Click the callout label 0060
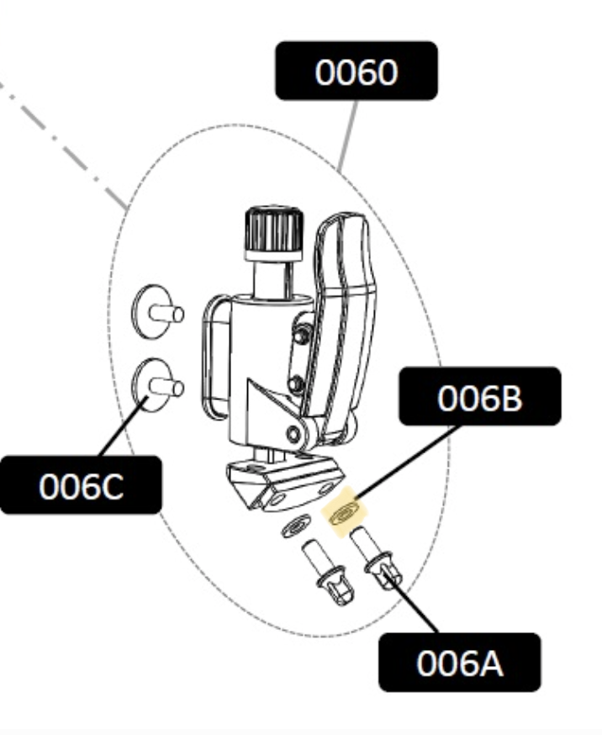tap(356, 71)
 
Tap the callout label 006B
tap(480, 397)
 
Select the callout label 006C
tap(81, 484)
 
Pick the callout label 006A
tap(460, 663)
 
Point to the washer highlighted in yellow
tap(345, 511)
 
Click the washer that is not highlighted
tap(296, 526)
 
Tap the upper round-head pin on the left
tap(157, 311)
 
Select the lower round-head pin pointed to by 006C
tap(157, 385)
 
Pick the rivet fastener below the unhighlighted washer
tap(327, 572)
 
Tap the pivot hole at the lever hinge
tap(293, 434)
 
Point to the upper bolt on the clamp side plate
tap(300, 334)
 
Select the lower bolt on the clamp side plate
tap(294, 385)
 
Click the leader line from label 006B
tap(406, 463)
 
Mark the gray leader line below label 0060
tap(347, 135)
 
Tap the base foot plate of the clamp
tap(287, 483)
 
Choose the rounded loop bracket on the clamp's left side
tap(215, 357)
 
